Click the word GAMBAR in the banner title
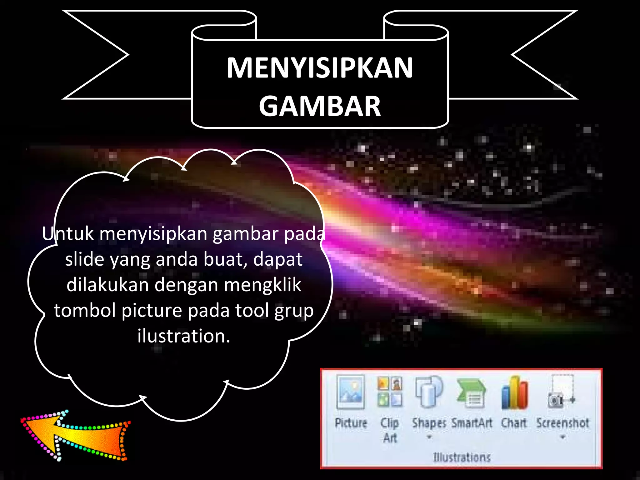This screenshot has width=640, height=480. [320, 106]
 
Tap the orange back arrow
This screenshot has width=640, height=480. [75, 436]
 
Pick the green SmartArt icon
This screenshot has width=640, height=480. [471, 393]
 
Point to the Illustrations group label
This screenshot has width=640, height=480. [462, 457]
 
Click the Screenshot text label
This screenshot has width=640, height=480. [562, 423]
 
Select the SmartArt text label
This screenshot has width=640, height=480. [472, 423]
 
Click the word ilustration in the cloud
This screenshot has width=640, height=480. [184, 336]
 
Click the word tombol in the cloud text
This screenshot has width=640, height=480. [85, 311]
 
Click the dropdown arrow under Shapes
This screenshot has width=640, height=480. [429, 437]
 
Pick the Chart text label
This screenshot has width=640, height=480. [514, 423]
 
